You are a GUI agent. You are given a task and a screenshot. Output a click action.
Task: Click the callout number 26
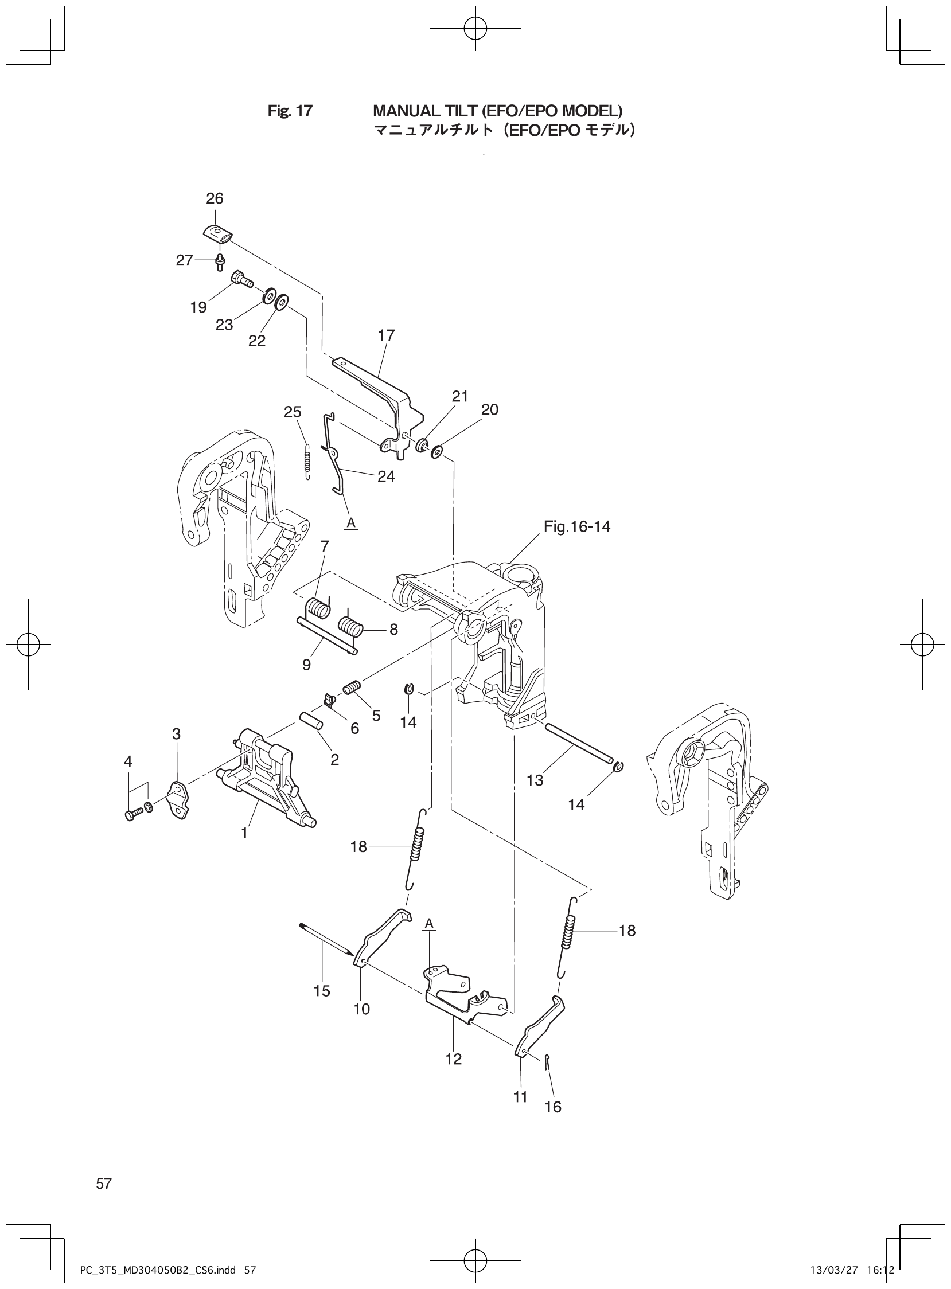point(215,198)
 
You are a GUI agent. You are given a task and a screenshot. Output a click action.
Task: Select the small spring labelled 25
point(307,460)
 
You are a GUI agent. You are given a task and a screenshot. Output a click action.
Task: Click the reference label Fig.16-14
point(577,526)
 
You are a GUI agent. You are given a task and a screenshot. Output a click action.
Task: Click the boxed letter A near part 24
point(350,522)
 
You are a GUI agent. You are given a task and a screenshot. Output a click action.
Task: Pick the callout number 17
point(386,335)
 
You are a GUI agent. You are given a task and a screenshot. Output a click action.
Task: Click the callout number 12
point(454,1059)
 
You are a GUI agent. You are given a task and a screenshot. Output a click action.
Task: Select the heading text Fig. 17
point(290,111)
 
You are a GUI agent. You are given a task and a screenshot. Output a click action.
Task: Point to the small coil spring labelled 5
point(352,687)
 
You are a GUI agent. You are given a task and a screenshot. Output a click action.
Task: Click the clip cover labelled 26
point(219,233)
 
